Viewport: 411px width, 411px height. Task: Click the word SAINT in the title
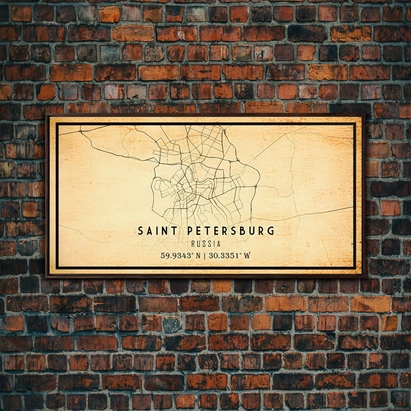tap(157, 231)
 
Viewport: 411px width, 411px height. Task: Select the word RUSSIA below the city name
tap(206, 244)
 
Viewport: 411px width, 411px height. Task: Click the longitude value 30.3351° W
tap(230, 256)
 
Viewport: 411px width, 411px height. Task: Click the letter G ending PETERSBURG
tap(271, 231)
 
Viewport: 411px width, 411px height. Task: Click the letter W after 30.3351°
tap(247, 256)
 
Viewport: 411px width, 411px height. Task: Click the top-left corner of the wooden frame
tap(46, 115)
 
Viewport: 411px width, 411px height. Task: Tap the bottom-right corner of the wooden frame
tap(365, 277)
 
